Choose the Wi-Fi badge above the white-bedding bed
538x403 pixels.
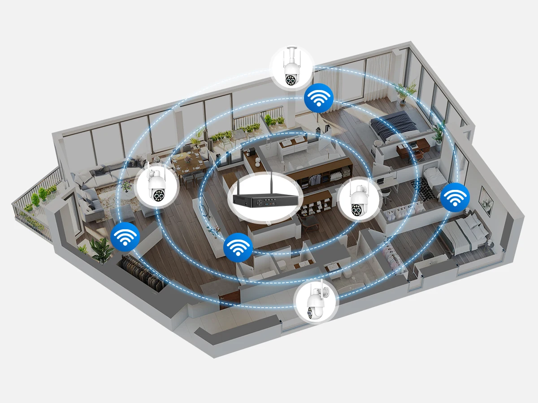(x=455, y=197)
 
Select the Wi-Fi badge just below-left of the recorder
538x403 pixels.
(x=238, y=247)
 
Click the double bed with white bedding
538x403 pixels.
(x=466, y=233)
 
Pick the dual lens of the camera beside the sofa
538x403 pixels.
(x=158, y=195)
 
